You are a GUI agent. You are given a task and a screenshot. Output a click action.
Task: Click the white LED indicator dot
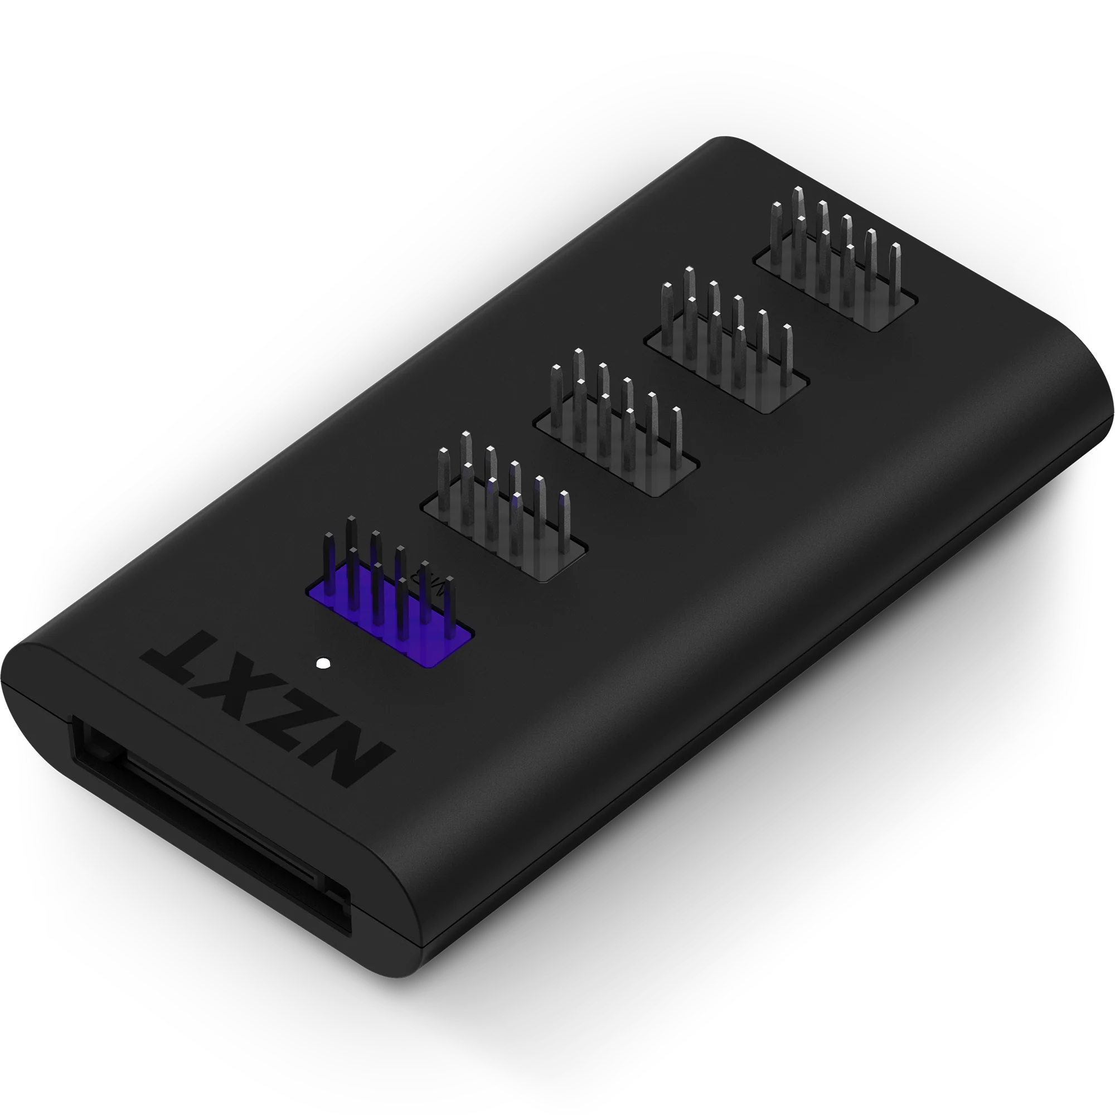click(x=324, y=663)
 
